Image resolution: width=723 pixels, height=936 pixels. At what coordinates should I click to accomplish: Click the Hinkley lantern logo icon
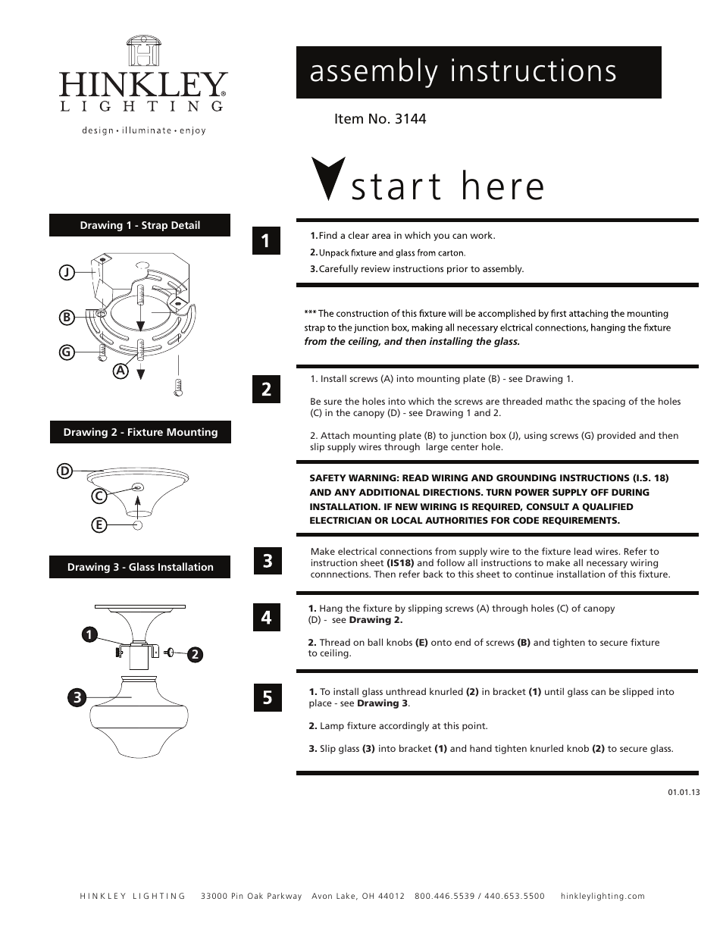pos(144,52)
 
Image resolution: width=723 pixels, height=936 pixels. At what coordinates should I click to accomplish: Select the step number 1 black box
pos(266,241)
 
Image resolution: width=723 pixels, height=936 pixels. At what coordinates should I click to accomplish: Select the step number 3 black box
pos(267,561)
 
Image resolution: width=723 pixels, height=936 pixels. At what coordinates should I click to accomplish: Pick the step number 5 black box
pos(267,697)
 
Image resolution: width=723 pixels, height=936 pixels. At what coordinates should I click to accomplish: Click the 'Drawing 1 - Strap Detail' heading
pos(139,225)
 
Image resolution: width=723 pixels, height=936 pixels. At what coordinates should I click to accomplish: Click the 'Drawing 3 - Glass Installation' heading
pos(139,567)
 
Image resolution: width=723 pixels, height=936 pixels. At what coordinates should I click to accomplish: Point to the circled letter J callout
pos(67,271)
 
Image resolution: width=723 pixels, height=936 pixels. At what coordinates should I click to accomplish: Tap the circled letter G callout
pos(67,352)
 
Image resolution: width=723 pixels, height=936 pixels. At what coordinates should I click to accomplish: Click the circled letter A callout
pos(120,371)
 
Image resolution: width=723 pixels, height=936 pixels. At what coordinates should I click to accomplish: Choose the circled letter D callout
pos(64,471)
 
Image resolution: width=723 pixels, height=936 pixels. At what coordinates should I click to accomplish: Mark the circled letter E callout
pos(98,524)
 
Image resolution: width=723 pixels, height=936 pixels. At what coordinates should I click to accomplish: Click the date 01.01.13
pos(684,792)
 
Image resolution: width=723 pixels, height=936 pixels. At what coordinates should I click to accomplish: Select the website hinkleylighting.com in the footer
pos(602,896)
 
